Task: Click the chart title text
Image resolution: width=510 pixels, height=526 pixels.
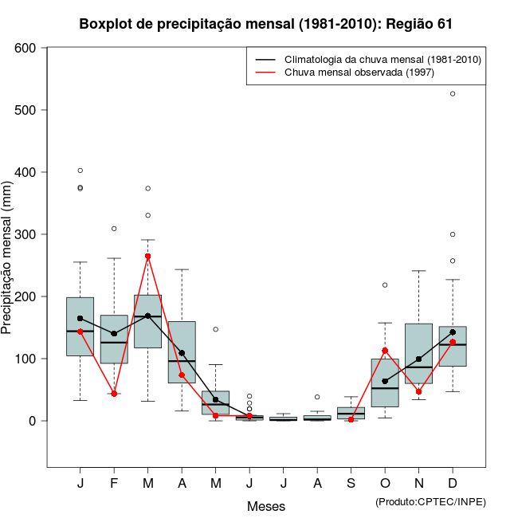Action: pos(266,24)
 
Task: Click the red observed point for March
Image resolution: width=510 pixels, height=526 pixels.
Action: pos(147,257)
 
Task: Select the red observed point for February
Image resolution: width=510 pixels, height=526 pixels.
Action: pos(114,394)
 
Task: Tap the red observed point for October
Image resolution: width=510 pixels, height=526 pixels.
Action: pos(385,351)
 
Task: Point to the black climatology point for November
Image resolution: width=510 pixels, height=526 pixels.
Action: pos(418,359)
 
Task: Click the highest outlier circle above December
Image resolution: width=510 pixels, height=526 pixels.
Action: pos(453,94)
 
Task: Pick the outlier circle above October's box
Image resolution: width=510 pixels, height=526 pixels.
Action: pos(385,285)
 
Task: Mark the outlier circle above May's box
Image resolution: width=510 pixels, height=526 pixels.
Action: pos(215,329)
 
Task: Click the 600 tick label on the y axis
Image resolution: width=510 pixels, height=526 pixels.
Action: pos(25,48)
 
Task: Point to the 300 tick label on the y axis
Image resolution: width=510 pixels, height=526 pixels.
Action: pos(25,234)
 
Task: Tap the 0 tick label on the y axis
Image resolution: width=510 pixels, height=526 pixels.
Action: pos(33,421)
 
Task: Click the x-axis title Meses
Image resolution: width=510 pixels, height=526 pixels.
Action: pos(266,506)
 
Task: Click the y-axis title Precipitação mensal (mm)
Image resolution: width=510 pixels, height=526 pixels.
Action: pos(8,265)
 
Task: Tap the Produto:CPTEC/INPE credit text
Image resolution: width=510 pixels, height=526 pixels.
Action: pos(430,501)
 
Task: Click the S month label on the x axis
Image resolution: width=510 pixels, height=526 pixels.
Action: pos(351,484)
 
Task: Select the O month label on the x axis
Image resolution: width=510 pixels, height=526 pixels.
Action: pos(385,484)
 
